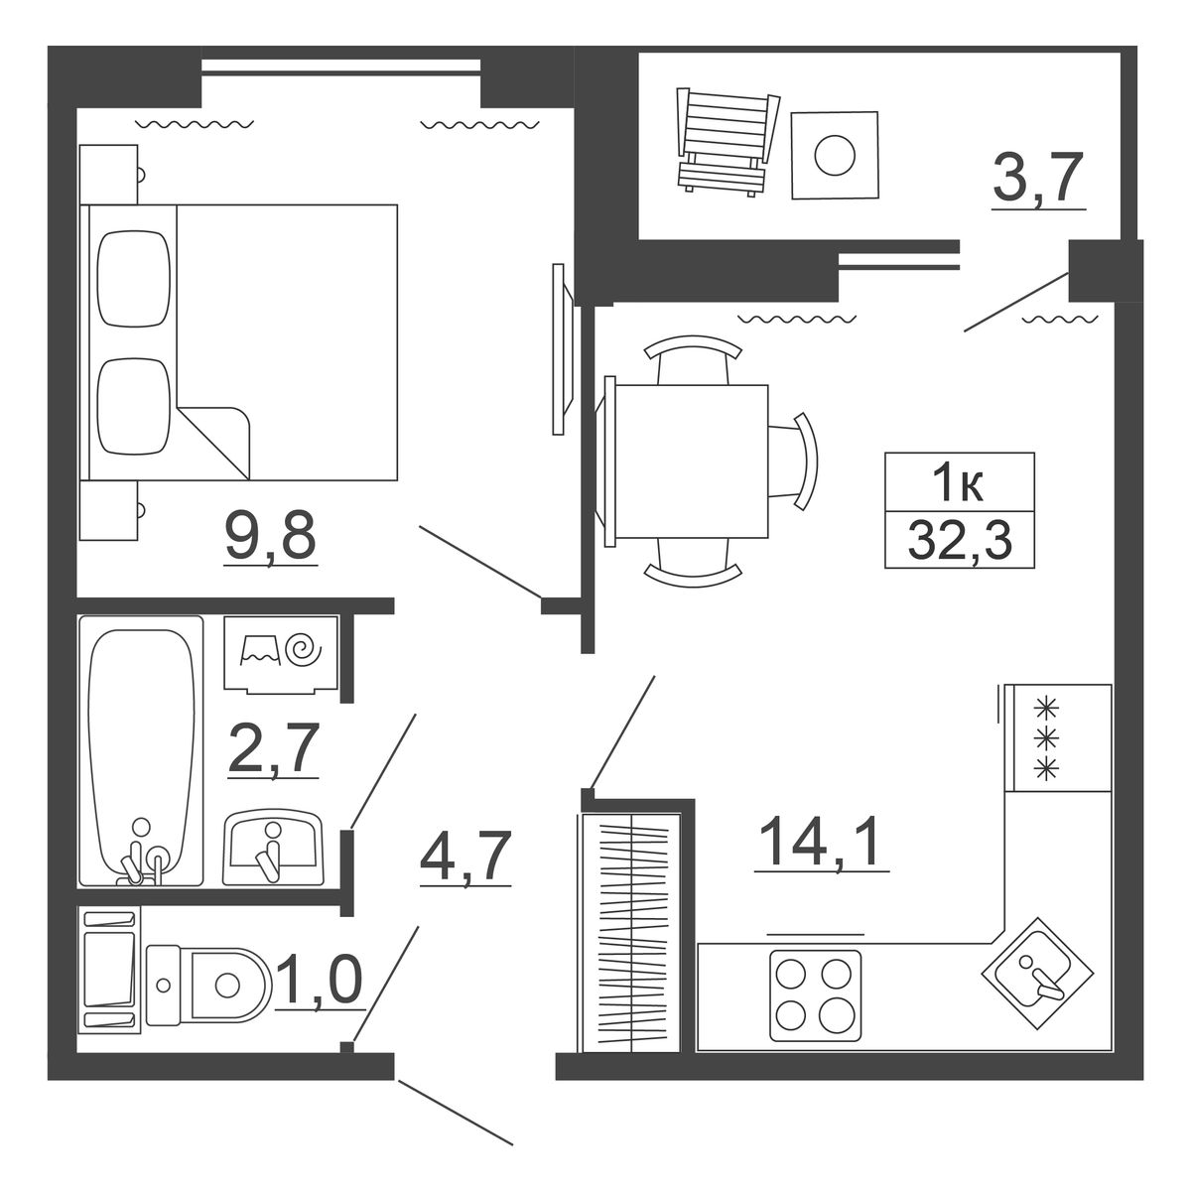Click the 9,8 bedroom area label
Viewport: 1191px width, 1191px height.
271,536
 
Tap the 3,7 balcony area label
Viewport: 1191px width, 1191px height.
1038,178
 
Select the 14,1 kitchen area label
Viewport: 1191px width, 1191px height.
821,841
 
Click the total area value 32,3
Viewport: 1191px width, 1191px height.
960,540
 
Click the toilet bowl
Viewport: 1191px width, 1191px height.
208,984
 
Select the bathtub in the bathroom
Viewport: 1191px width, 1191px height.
141,751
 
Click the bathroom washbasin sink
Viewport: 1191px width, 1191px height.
274,848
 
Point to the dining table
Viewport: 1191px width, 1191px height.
691,462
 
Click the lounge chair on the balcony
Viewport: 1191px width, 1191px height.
728,142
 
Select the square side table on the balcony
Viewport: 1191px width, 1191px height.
835,155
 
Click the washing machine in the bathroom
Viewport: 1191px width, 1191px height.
281,654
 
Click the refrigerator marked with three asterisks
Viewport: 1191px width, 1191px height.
1058,737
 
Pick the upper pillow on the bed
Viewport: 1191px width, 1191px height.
134,278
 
